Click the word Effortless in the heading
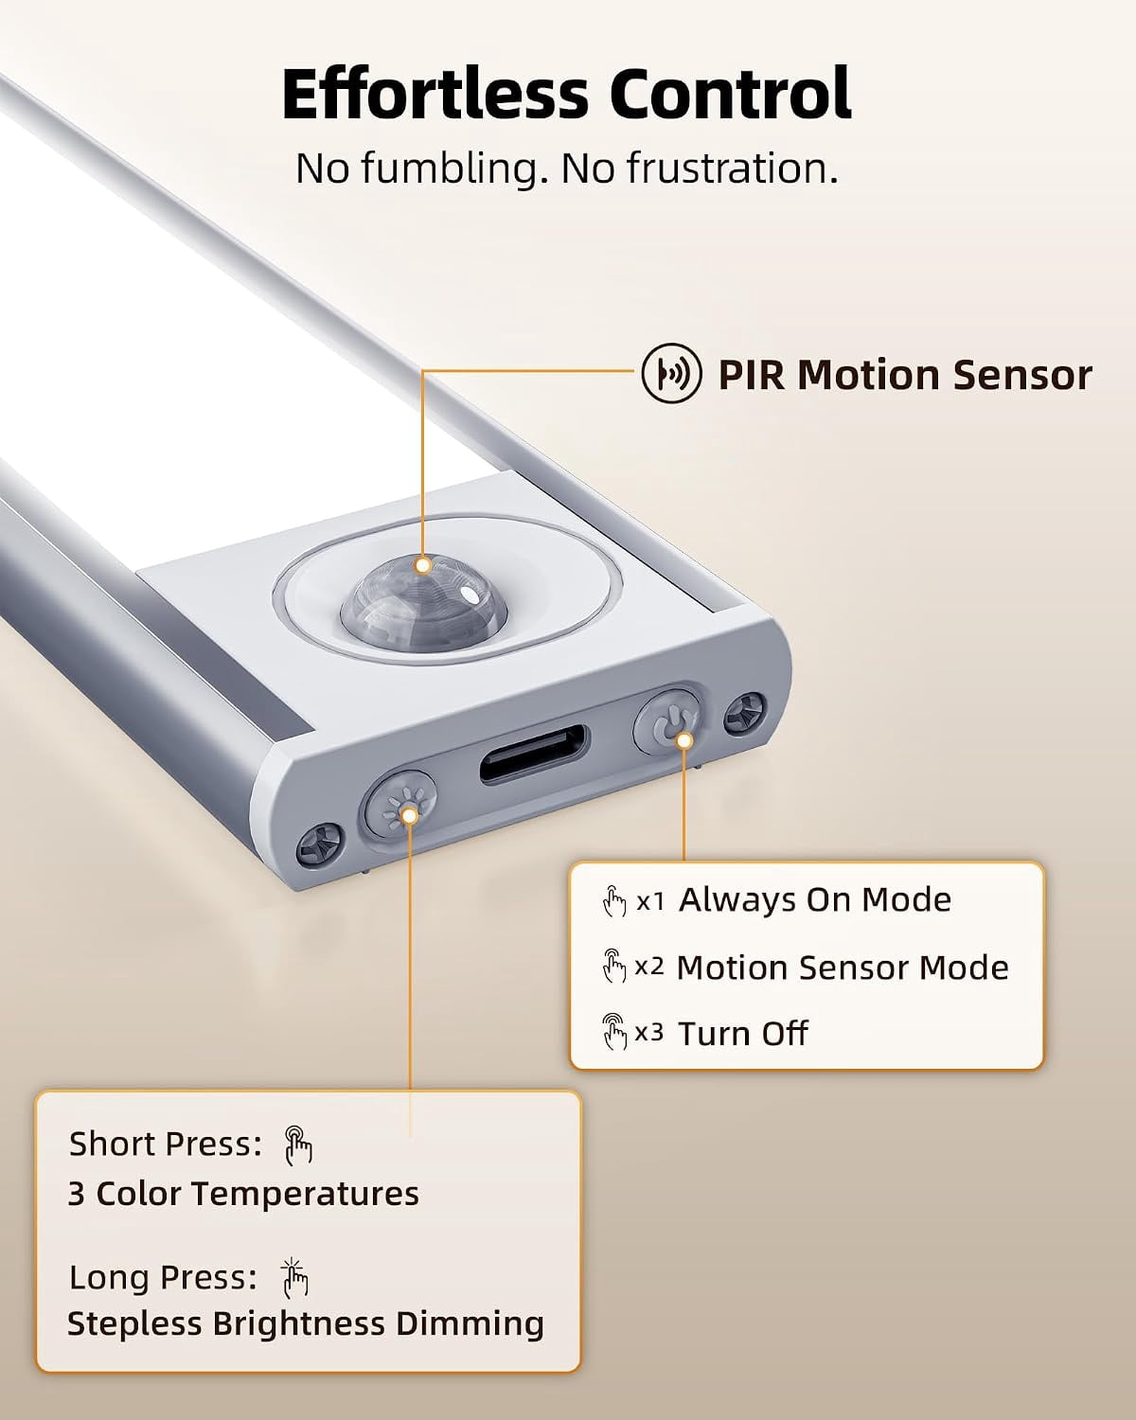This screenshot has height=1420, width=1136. (x=435, y=94)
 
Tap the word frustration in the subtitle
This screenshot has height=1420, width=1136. (x=733, y=169)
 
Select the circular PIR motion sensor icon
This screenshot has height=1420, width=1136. (x=671, y=374)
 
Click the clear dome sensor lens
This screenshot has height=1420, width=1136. (x=424, y=600)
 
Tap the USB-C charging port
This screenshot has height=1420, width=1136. (x=533, y=754)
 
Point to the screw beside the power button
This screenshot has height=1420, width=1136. (x=745, y=713)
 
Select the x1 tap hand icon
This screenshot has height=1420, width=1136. (x=614, y=901)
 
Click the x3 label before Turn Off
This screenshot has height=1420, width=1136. (x=648, y=1034)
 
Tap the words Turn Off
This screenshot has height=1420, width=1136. (x=743, y=1034)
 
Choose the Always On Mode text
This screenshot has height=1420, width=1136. (x=815, y=900)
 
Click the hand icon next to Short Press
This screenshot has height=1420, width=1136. (x=298, y=1145)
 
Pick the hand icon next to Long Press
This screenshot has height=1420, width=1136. (x=294, y=1278)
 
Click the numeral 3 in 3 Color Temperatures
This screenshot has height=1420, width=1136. (x=77, y=1195)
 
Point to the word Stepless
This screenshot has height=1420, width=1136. (x=134, y=1324)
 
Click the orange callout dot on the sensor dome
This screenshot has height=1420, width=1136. (x=423, y=565)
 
